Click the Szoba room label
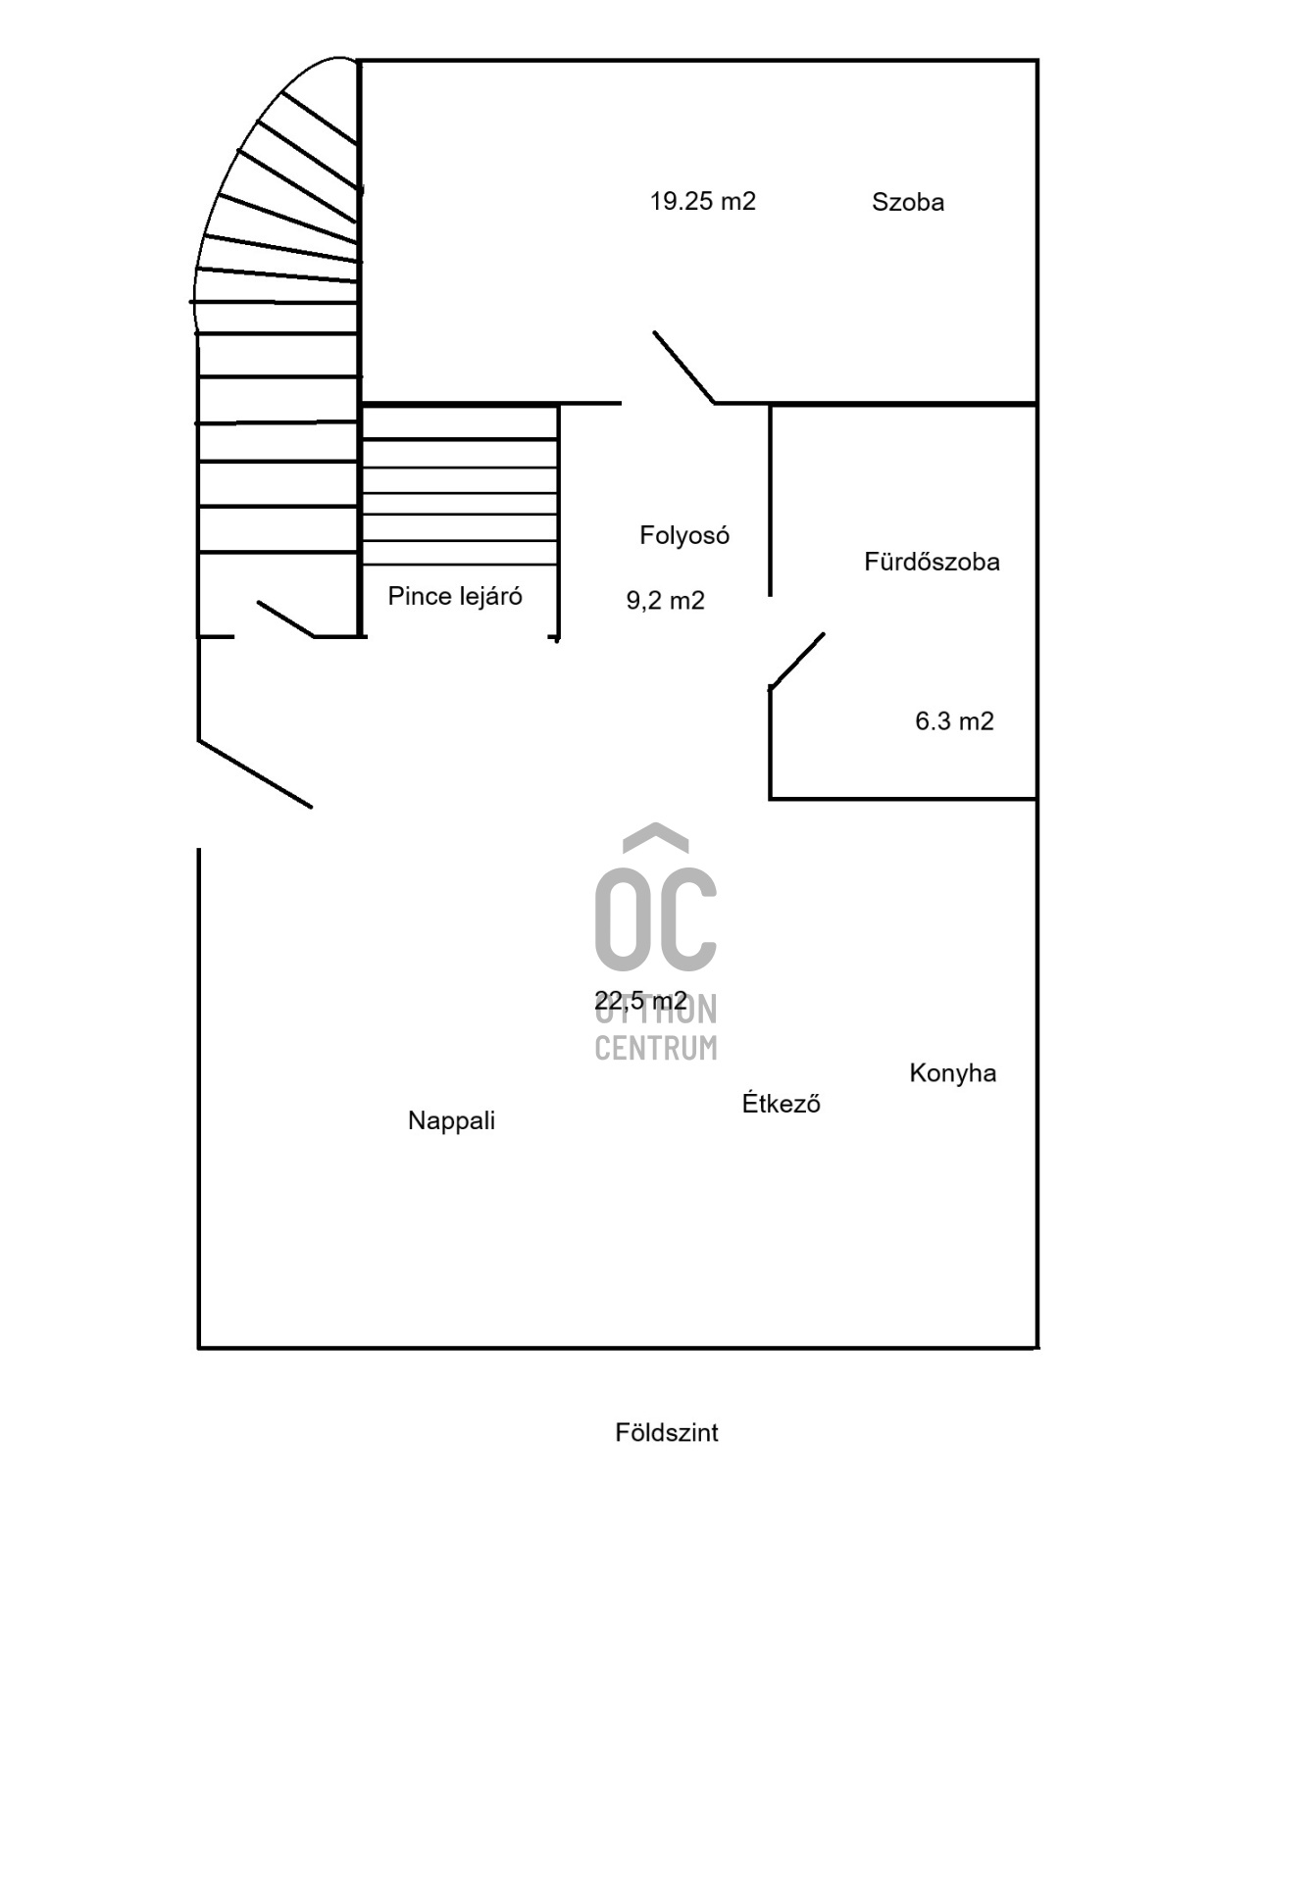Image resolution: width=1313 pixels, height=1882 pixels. [x=908, y=202]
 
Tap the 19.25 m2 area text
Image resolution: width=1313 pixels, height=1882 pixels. [x=703, y=201]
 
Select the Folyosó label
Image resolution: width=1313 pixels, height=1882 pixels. [x=684, y=535]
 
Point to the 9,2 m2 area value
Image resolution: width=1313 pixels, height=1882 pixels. [x=666, y=600]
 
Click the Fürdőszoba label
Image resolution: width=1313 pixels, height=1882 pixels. [x=932, y=562]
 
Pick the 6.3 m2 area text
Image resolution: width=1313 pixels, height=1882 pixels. [x=954, y=721]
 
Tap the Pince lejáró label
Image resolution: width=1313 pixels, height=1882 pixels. [x=455, y=596]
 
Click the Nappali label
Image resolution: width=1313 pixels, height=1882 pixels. [x=451, y=1120]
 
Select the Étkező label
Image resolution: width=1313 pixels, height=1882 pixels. [x=781, y=1103]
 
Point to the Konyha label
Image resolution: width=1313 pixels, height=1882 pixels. [x=953, y=1072]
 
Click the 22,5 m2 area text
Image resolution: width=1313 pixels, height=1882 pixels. [x=640, y=1000]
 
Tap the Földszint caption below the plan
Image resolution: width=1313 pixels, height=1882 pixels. [x=667, y=1432]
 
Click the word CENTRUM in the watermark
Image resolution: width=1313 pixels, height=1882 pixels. [x=656, y=1048]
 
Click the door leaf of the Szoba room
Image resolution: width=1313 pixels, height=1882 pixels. [x=683, y=368]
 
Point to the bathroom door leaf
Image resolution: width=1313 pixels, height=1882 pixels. [x=796, y=662]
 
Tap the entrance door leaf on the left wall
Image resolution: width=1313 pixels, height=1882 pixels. [x=255, y=773]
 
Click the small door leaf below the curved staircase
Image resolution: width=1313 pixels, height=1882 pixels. [x=285, y=619]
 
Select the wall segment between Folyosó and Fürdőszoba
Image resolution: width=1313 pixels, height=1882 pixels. [x=770, y=500]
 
